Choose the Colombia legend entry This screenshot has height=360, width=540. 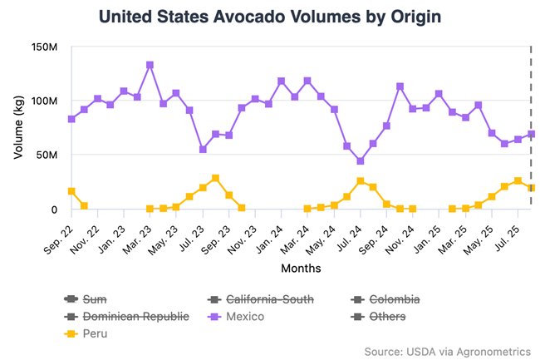point(395,298)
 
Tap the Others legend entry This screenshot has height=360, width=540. point(386,317)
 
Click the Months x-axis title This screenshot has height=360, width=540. point(300,269)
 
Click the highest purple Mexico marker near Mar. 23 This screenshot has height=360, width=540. point(150,65)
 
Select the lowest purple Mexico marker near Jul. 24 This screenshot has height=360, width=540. point(360,161)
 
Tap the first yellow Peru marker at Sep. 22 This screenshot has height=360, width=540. point(71,191)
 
